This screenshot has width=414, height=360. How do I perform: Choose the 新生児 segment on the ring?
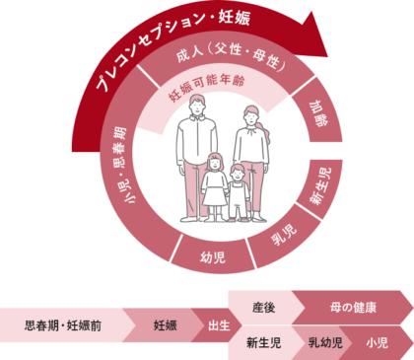(x=319, y=185)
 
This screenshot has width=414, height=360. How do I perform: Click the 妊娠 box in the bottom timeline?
(x=164, y=323)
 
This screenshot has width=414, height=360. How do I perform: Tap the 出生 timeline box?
(x=218, y=323)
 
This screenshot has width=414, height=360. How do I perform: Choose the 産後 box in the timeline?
(x=263, y=308)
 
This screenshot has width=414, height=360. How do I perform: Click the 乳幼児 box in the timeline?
(x=325, y=342)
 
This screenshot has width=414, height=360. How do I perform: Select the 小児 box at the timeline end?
(x=378, y=342)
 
